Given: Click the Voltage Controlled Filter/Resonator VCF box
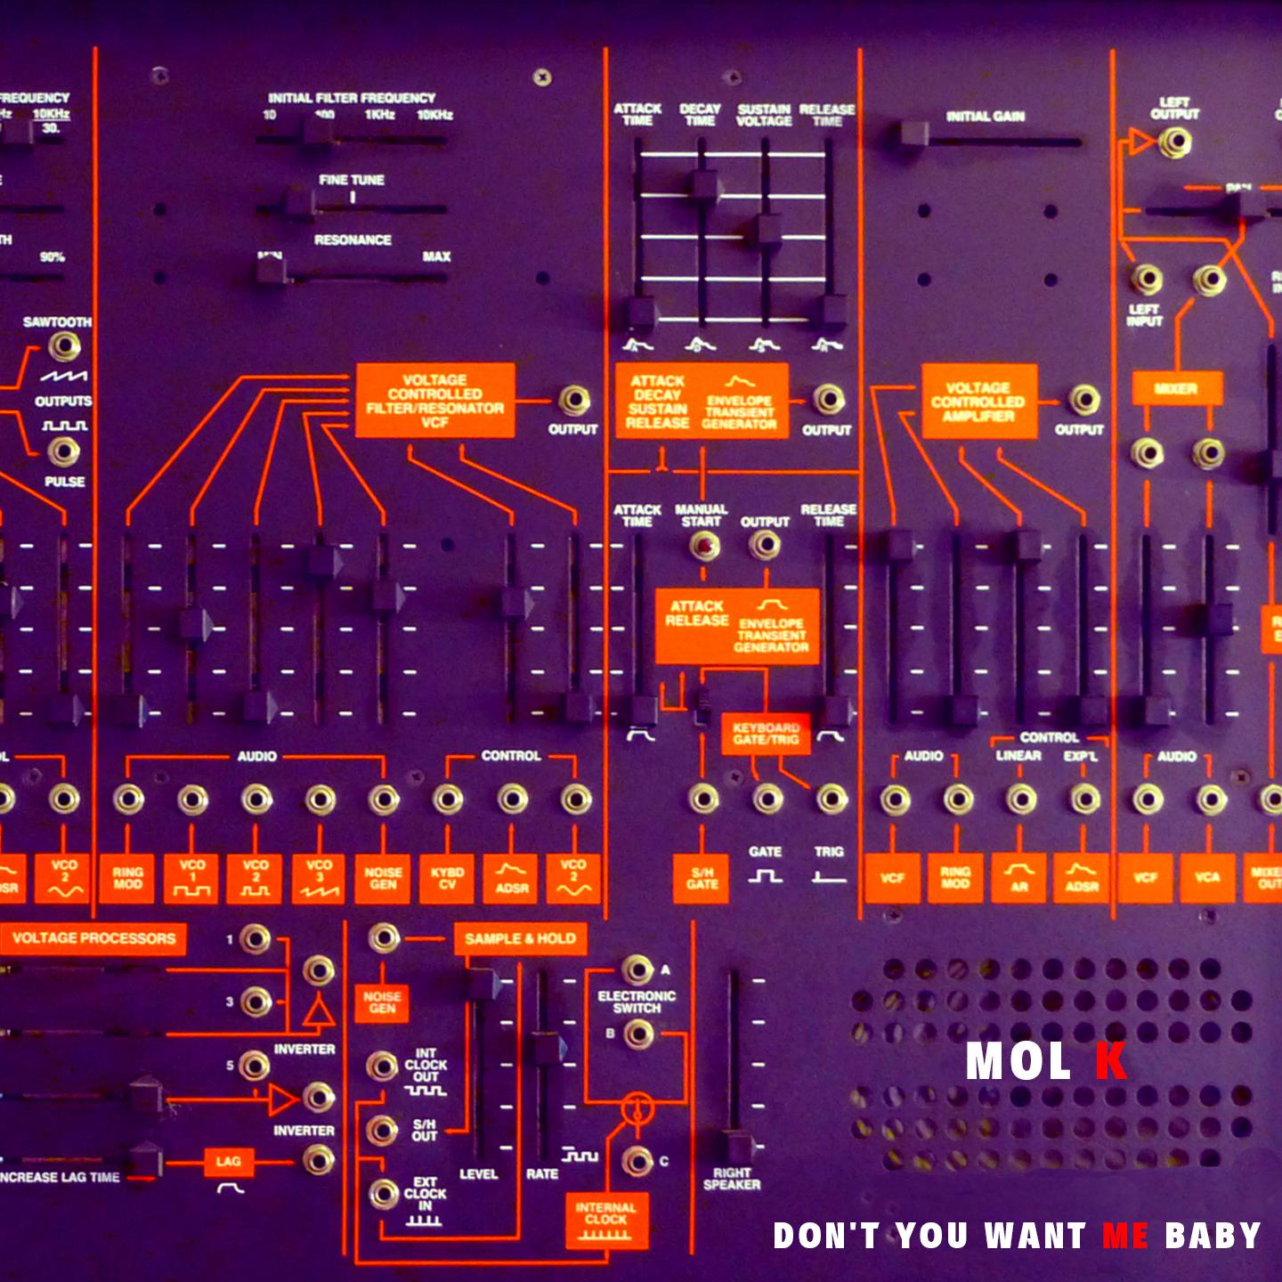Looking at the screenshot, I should [x=434, y=401].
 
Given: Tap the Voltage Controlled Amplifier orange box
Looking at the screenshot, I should [x=978, y=402].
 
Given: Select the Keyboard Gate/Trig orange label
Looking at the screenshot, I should [x=765, y=734].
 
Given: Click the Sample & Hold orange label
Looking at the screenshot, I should [x=520, y=938].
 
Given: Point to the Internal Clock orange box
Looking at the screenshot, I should [x=606, y=1220].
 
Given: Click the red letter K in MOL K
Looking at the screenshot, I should [x=1110, y=1061].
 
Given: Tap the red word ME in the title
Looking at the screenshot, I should [x=1124, y=1236].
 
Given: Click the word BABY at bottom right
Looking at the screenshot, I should [x=1213, y=1236].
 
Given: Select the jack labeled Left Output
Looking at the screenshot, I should [x=1174, y=142].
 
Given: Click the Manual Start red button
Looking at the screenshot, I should [x=704, y=545].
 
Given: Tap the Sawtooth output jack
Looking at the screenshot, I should [x=63, y=345].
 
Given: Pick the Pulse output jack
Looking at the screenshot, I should [x=63, y=451].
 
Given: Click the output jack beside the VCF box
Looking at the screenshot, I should [x=573, y=401].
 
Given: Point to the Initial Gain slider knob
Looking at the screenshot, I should [x=913, y=134].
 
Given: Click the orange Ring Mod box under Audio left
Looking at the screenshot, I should [x=127, y=879].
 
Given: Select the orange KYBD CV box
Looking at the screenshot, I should [x=447, y=879].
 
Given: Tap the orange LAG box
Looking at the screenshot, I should [x=228, y=1161].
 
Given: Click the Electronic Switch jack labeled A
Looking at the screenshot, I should [x=637, y=970].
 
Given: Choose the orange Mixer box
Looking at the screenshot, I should [x=1176, y=389].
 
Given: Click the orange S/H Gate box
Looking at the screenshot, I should [x=702, y=879].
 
